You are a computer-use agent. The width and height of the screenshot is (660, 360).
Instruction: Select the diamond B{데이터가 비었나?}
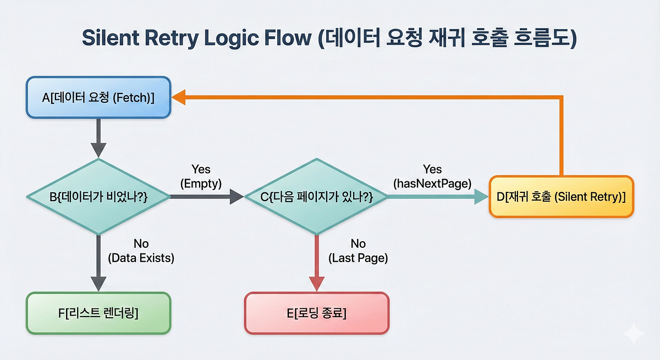(99, 197)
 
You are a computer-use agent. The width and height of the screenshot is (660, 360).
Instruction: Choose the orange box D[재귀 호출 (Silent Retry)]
(561, 196)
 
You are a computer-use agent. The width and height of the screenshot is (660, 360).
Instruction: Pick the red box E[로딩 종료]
(317, 313)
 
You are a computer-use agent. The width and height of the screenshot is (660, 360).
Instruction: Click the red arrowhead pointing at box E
(317, 282)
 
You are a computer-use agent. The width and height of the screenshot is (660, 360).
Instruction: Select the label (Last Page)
(358, 257)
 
